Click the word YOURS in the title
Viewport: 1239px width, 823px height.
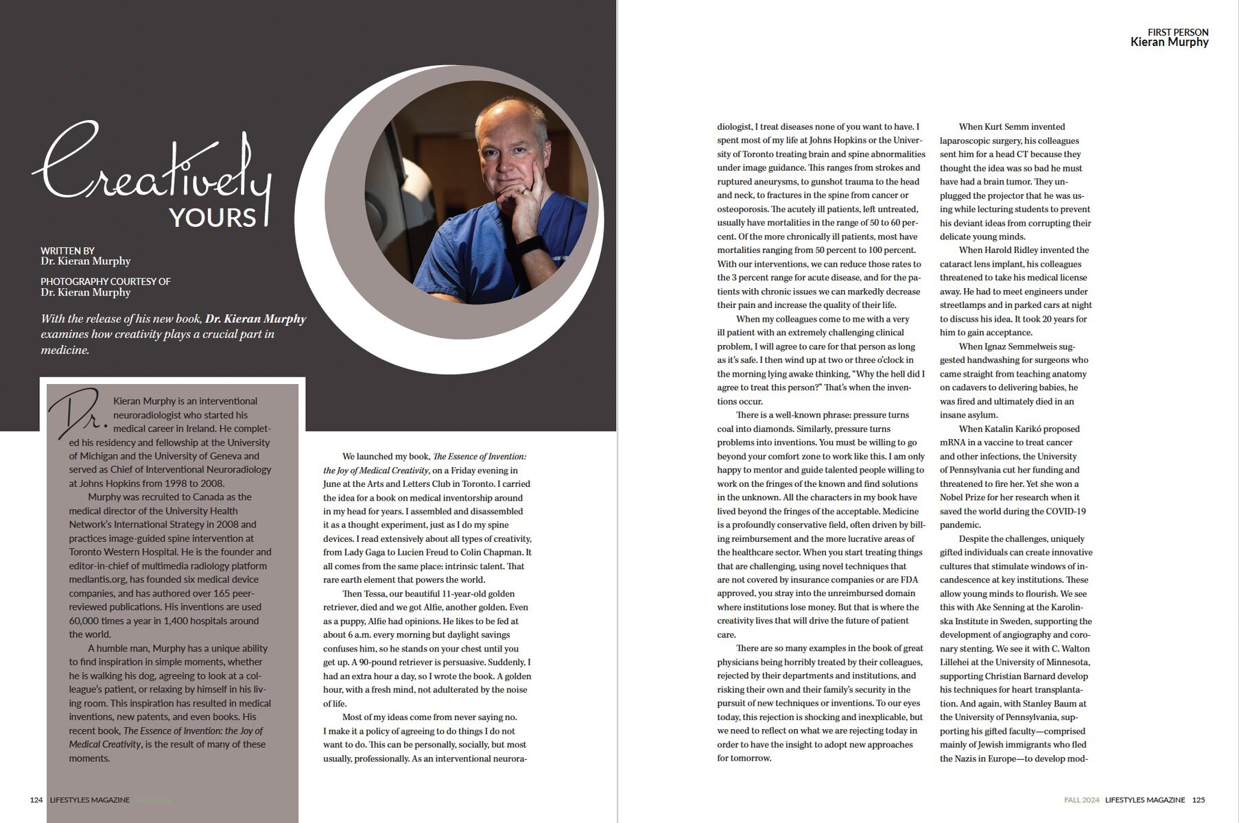click(213, 217)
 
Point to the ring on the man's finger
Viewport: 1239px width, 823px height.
click(524, 191)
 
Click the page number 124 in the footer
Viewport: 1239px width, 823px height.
click(36, 800)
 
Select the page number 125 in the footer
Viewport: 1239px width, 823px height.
click(1199, 800)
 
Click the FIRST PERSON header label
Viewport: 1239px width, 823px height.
click(1178, 32)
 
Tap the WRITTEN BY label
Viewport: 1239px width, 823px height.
click(67, 251)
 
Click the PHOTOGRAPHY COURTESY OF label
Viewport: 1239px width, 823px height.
click(106, 281)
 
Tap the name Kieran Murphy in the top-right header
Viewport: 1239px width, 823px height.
click(1169, 43)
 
